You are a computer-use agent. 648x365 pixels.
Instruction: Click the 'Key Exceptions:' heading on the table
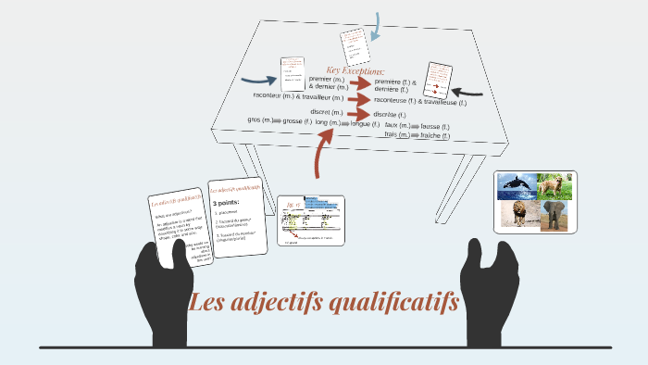(x=355, y=70)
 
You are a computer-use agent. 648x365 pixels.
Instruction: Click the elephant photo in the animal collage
(x=555, y=216)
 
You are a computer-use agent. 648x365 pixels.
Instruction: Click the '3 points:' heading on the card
(x=227, y=201)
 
